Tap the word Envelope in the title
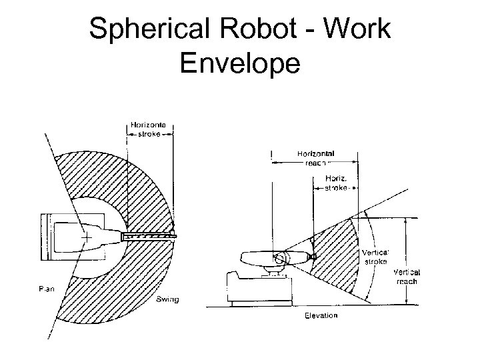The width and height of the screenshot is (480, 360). coord(240,65)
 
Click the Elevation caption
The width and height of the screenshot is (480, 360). coord(321,315)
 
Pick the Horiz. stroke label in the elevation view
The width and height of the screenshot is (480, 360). coord(336,183)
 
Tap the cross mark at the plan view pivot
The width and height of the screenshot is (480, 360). coord(86,237)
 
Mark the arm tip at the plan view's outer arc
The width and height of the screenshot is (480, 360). coord(173,234)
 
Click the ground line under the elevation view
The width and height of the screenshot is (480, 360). coord(313,307)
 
